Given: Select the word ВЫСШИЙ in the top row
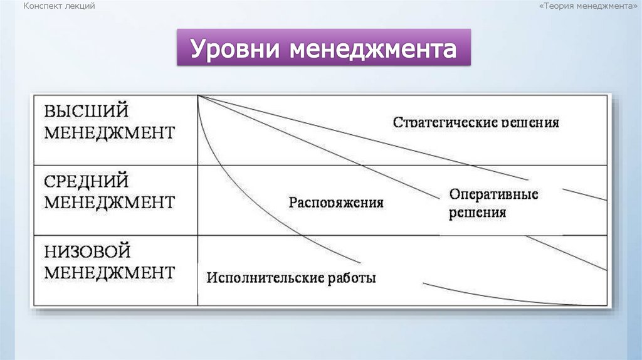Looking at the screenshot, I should tap(87, 111).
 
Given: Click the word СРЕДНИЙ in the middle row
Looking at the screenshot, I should tap(87, 181).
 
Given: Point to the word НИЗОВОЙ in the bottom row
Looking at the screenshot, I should tap(87, 251).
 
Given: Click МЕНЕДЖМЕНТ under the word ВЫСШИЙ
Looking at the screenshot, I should tap(109, 133).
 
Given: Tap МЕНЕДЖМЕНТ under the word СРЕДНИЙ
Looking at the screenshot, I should tap(109, 203).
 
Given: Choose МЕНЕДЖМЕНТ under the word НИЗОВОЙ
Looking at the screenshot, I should tap(109, 273).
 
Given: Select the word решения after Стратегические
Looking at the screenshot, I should tap(530, 122).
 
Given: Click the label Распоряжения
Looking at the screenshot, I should tap(336, 203).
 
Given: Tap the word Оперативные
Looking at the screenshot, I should tap(493, 194).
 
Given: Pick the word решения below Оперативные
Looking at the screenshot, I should tap(477, 213).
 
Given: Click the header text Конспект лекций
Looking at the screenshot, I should tap(59, 6).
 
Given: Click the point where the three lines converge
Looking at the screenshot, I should tap(197, 95).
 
